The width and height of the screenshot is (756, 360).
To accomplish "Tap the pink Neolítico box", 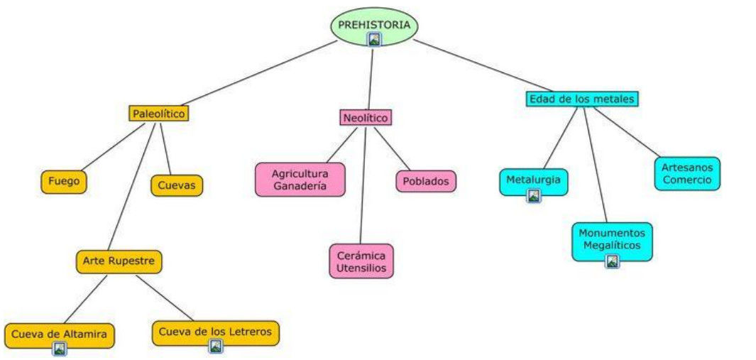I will pyautogui.click(x=365, y=118).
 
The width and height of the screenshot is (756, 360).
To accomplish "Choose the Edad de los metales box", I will pyautogui.click(x=582, y=99).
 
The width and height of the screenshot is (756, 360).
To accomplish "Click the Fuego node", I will pyautogui.click(x=64, y=182).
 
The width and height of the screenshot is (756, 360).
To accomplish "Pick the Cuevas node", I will pyautogui.click(x=177, y=186).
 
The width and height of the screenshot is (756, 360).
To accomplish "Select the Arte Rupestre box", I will pyautogui.click(x=119, y=261).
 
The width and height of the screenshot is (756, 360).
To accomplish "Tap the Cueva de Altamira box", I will pyautogui.click(x=59, y=332).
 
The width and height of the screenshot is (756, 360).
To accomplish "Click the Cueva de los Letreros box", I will pyautogui.click(x=215, y=331).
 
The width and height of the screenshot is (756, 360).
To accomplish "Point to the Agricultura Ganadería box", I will pyautogui.click(x=300, y=179).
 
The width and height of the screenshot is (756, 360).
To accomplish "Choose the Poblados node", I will pyautogui.click(x=426, y=181).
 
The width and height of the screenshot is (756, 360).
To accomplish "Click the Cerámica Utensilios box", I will pyautogui.click(x=361, y=261).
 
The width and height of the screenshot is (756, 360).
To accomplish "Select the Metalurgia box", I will pyautogui.click(x=533, y=180).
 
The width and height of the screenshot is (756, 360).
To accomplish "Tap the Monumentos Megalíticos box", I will pyautogui.click(x=612, y=239).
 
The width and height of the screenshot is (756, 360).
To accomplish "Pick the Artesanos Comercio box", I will pyautogui.click(x=686, y=173).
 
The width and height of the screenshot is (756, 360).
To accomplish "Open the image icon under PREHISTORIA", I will pyautogui.click(x=374, y=40).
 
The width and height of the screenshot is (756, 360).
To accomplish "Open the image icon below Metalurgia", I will pyautogui.click(x=533, y=196).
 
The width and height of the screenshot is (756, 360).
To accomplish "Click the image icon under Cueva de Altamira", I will pyautogui.click(x=60, y=348).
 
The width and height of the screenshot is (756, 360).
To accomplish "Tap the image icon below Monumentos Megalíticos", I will pyautogui.click(x=612, y=261).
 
